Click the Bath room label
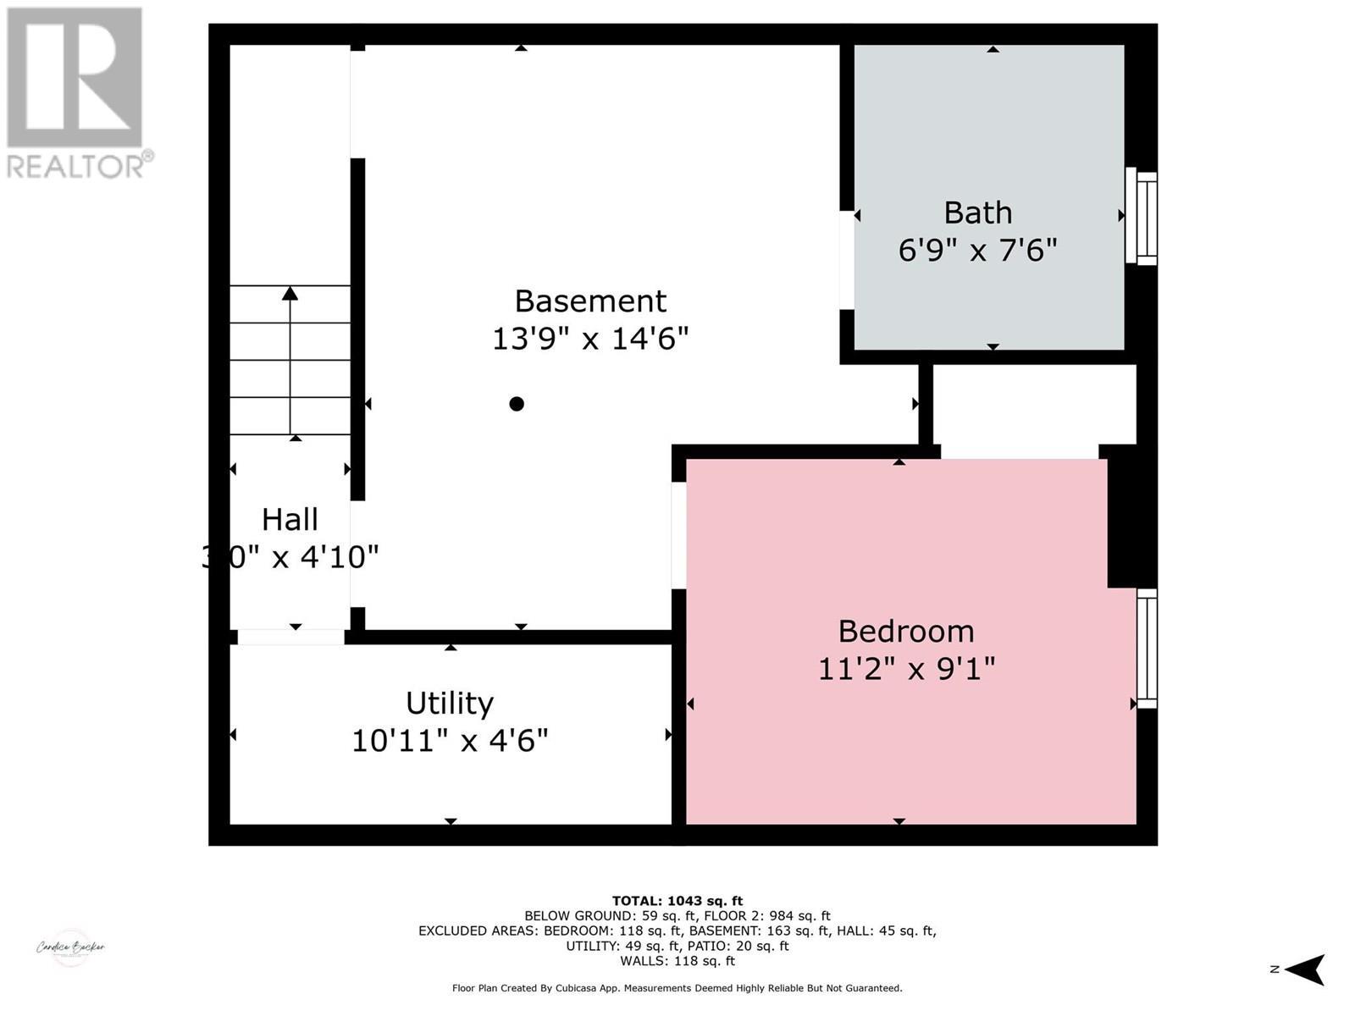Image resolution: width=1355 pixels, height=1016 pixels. coord(978,213)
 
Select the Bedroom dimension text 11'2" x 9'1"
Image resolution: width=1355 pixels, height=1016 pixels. coord(906,670)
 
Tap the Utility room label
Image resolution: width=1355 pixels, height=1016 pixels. coord(449,704)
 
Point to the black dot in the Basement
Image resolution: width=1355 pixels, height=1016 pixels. coord(517,404)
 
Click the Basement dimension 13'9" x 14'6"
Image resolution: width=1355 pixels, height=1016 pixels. coord(590,340)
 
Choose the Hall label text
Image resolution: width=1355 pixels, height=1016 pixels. coord(290,520)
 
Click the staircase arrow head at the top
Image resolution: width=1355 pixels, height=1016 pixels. coord(290,293)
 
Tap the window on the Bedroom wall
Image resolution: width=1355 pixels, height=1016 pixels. coord(1146,649)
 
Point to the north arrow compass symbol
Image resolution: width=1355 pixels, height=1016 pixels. coord(1304,969)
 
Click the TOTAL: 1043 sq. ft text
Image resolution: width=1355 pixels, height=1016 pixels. coord(677,901)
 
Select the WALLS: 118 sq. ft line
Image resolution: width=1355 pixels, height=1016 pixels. coord(677,961)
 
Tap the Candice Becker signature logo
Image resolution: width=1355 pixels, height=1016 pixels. coord(70,947)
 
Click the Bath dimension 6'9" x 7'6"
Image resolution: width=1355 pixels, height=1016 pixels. coord(978,251)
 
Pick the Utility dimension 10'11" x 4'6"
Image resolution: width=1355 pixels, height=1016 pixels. coord(450,742)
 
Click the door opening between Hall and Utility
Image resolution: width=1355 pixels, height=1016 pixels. coord(290,637)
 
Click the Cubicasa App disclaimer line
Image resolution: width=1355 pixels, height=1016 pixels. coord(677,988)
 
